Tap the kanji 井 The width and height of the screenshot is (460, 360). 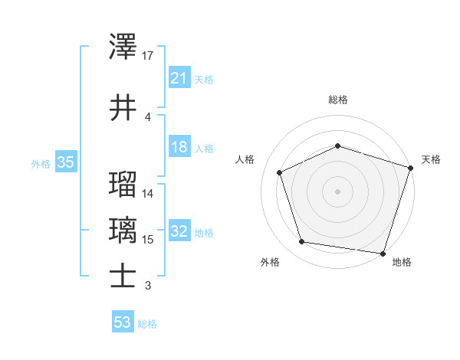(123, 106)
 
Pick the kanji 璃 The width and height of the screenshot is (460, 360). (123, 230)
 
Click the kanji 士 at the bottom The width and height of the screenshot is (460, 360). (123, 276)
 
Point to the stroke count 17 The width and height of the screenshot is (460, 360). (149, 56)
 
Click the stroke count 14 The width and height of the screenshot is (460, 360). (149, 194)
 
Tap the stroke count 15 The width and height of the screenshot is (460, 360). (149, 240)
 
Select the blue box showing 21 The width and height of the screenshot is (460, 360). (179, 77)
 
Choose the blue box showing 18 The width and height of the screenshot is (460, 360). (179, 147)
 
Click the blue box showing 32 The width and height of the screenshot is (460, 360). (179, 231)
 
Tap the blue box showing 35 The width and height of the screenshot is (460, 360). (65, 162)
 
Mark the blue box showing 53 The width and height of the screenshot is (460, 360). (123, 322)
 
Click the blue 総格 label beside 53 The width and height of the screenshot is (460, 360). (147, 324)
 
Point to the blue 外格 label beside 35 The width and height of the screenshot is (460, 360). (41, 163)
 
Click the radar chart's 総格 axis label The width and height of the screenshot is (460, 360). (337, 100)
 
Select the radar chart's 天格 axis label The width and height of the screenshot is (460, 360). (431, 159)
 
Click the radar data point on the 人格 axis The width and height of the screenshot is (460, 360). (280, 172)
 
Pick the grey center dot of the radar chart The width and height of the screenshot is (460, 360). (337, 191)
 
